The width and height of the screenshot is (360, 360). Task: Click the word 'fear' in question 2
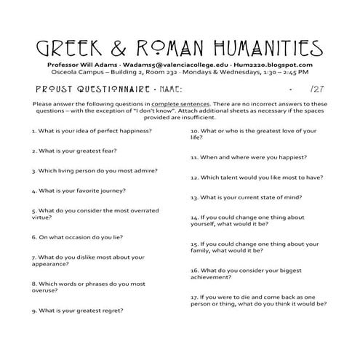107,151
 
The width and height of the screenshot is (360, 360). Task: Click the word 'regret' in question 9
109,311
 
